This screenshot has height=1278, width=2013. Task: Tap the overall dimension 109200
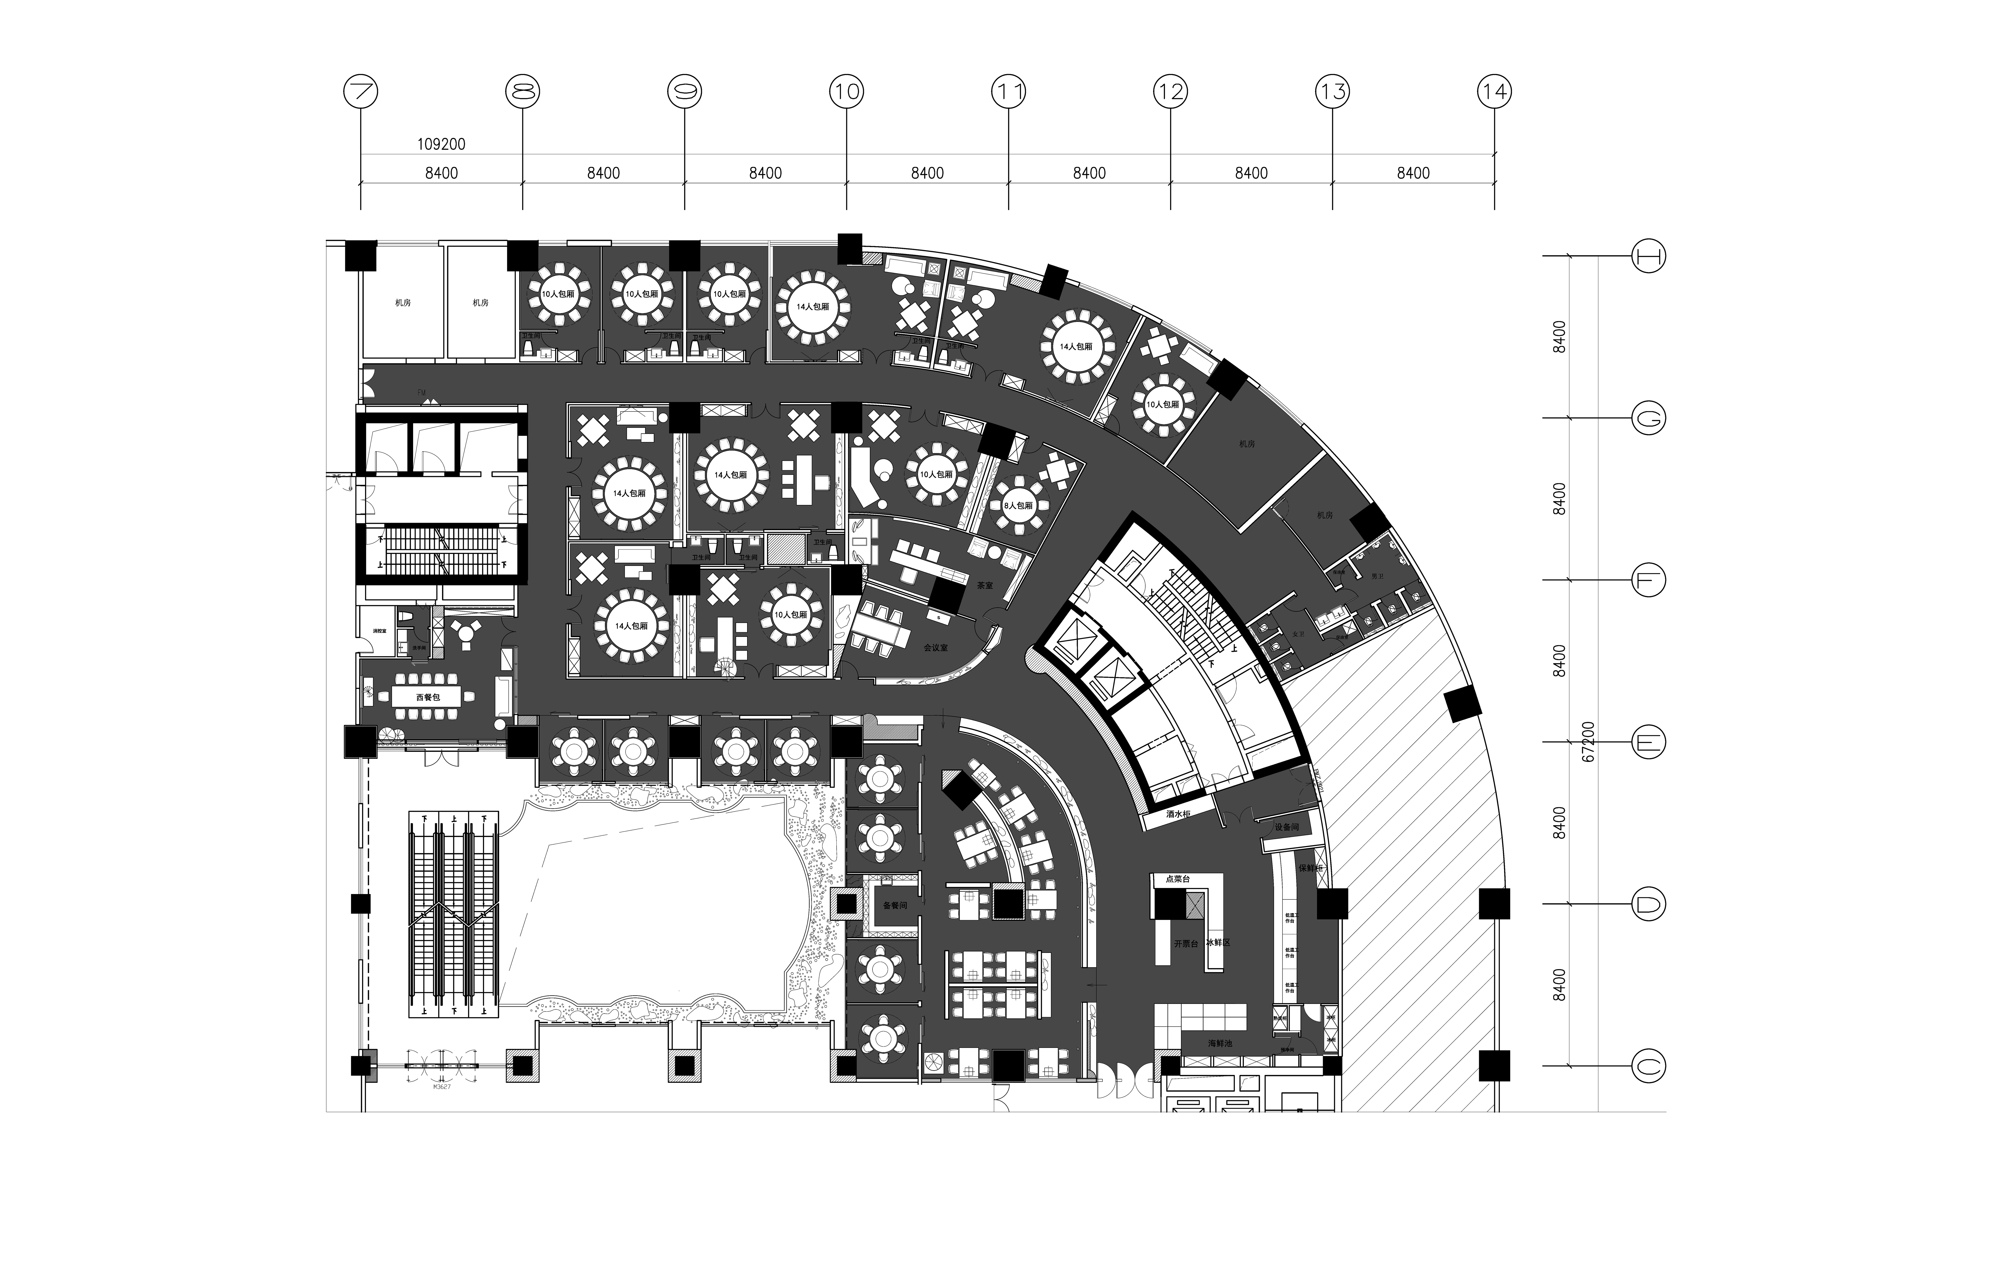(x=441, y=145)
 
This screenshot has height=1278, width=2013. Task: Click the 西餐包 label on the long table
(x=427, y=697)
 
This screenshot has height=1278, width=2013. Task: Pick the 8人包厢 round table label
(x=1017, y=506)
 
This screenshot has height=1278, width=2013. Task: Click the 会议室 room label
(x=935, y=648)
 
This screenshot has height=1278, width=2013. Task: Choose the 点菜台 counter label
(x=1177, y=879)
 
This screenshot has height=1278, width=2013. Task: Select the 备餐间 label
(x=895, y=905)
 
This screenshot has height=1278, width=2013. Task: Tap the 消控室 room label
(x=379, y=631)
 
